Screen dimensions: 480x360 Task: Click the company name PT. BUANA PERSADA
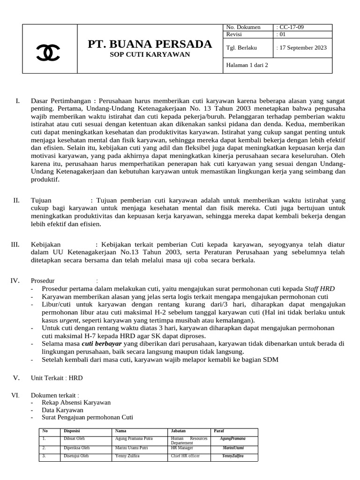pyautogui.click(x=150, y=45)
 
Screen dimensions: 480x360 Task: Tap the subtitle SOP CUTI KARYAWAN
pyautogui.click(x=150, y=54)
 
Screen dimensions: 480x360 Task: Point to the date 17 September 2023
pyautogui.click(x=302, y=47)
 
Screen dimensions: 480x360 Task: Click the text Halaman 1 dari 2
pyautogui.click(x=247, y=65)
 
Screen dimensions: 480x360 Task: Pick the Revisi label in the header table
pyautogui.click(x=235, y=34)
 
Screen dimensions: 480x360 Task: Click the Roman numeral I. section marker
pyautogui.click(x=17, y=101)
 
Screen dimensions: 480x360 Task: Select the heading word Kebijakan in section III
pyautogui.click(x=46, y=244)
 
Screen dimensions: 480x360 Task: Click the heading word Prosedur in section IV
pyautogui.click(x=43, y=280)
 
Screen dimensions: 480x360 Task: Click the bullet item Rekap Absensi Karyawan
pyautogui.click(x=76, y=402)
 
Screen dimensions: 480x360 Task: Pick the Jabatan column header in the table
pyautogui.click(x=178, y=431)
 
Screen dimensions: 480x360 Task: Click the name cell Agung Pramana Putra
pyautogui.click(x=134, y=439)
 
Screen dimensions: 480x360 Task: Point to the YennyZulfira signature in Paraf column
pyautogui.click(x=233, y=456)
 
